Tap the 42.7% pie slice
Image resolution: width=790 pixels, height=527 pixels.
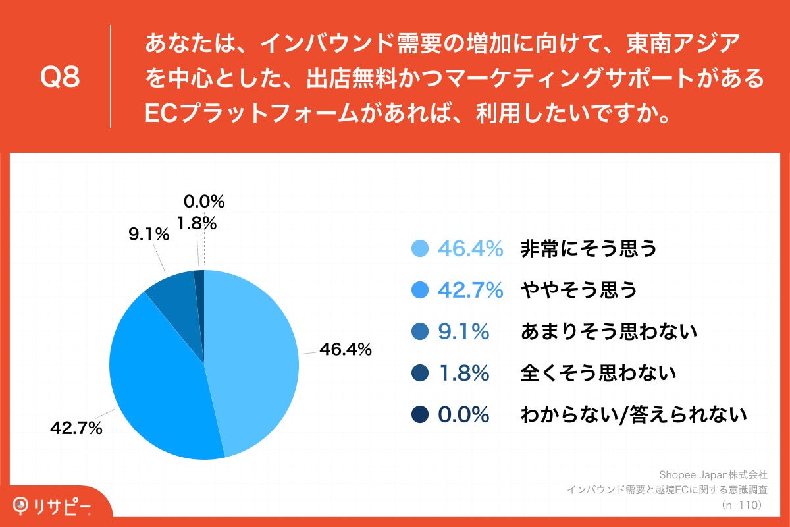pos(158,389)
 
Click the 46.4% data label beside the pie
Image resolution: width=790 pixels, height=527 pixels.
pos(345,350)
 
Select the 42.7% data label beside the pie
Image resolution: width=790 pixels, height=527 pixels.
pos(76,429)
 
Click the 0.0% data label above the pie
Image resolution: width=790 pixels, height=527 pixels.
pos(204,201)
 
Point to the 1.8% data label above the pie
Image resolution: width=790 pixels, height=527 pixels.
pos(197,224)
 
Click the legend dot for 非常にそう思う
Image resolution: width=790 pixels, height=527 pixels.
pos(419,248)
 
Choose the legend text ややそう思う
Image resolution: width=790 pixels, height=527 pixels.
pos(579,291)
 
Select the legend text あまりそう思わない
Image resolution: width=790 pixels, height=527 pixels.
pos(608,332)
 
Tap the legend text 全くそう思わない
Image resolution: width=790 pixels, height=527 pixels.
pos(598,374)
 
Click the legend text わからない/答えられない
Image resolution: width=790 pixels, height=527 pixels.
pos(633,415)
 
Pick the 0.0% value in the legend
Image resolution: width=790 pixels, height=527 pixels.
pos(463,415)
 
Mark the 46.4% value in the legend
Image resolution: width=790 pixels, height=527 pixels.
pos(471,248)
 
